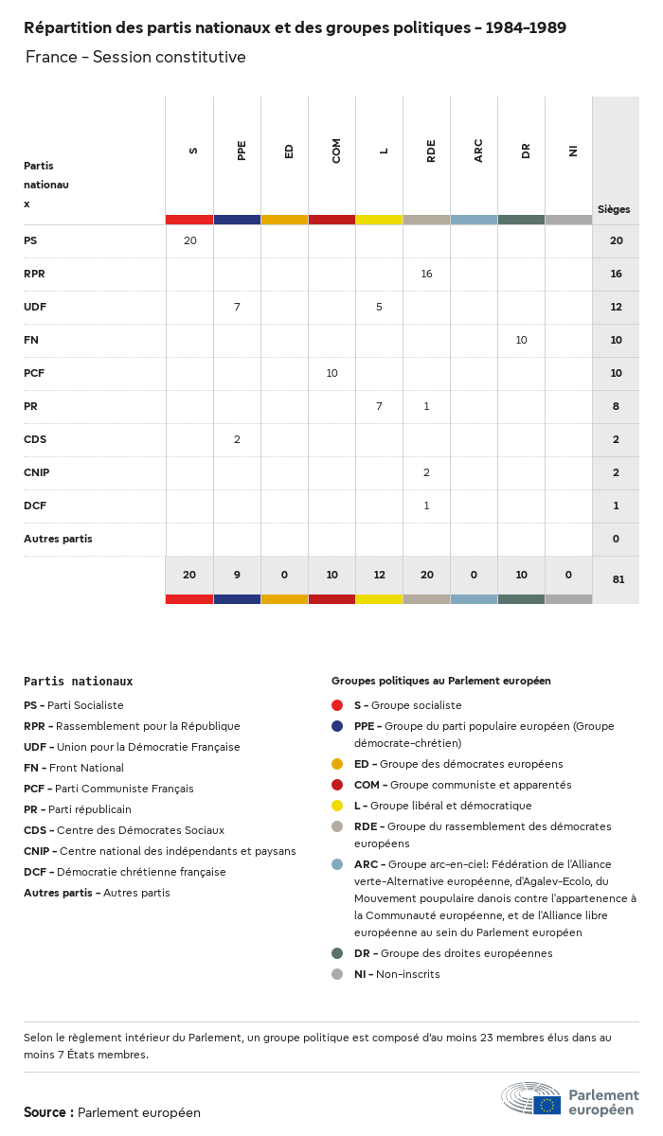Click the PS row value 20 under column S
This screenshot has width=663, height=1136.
point(189,240)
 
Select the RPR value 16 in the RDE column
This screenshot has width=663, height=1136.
point(426,274)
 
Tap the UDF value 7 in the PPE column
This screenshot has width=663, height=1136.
point(237,307)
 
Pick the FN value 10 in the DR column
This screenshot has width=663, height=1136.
point(521,340)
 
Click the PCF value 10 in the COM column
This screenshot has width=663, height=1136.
point(331,373)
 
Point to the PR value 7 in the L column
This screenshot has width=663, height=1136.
point(379,406)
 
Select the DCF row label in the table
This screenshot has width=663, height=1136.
point(35,506)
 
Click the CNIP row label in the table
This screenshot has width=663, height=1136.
point(37,472)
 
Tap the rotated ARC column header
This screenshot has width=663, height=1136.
point(478,151)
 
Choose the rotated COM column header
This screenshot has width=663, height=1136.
point(336,151)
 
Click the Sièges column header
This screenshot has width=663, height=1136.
point(614,209)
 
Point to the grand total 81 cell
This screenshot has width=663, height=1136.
point(618,579)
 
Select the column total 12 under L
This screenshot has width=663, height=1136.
point(379,575)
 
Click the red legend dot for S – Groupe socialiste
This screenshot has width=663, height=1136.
point(337,705)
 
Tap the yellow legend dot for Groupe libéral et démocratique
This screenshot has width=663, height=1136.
point(337,806)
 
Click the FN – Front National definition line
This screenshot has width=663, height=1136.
point(74,768)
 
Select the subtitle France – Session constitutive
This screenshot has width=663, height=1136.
point(135,57)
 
